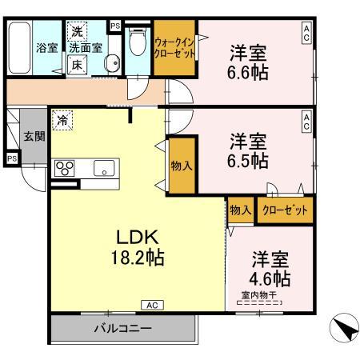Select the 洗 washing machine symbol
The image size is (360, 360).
coord(77,31)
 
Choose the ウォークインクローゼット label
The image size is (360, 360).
coord(174,47)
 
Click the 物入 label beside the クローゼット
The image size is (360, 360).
coord(240,210)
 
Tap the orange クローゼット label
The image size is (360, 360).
coord(284,210)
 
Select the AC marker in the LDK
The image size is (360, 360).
coord(152,305)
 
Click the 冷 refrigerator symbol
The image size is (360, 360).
coord(62,122)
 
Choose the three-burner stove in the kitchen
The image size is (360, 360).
coord(64,168)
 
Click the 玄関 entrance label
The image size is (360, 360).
coord(33,136)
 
